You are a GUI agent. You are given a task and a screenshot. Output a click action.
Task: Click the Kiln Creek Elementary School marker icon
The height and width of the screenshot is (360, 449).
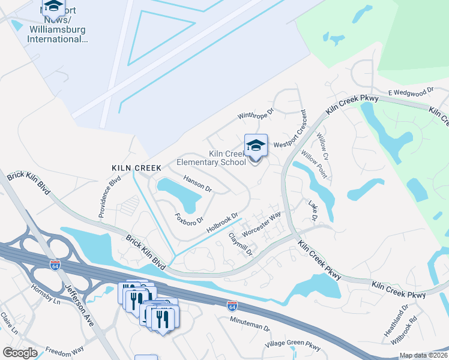coord(256,146)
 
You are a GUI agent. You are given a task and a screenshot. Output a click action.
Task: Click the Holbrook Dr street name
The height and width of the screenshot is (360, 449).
coord(223,223)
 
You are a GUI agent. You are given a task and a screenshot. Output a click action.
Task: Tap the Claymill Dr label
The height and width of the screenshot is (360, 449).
coord(240,244)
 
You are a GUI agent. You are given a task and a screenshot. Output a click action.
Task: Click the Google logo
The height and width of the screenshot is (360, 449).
coord(20,353)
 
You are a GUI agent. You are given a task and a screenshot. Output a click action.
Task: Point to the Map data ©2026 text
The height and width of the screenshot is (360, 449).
coord(423,355)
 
